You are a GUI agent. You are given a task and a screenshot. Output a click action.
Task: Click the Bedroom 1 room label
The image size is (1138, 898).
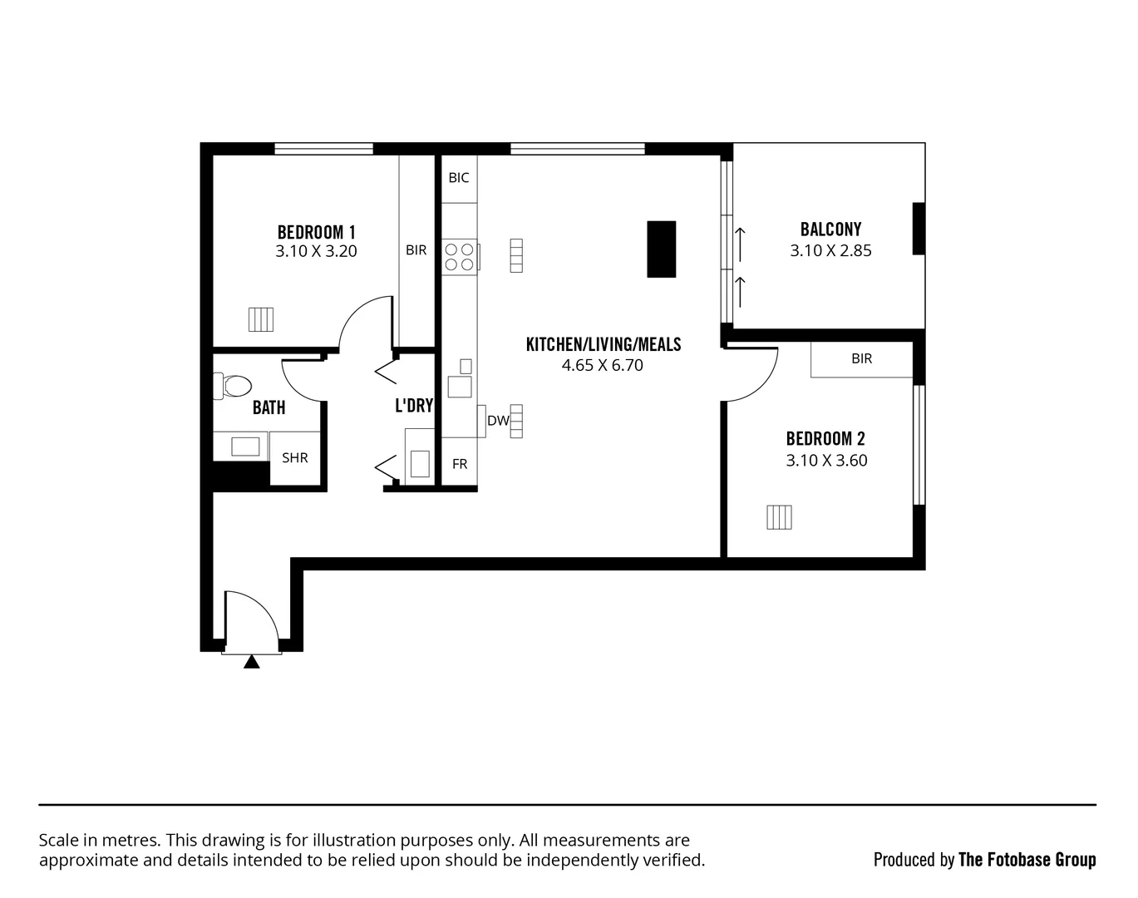pyautogui.click(x=316, y=232)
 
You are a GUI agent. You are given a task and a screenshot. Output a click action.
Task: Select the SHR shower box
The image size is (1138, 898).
pyautogui.click(x=295, y=457)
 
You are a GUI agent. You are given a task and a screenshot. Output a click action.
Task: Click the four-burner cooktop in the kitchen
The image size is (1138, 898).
pyautogui.click(x=459, y=257)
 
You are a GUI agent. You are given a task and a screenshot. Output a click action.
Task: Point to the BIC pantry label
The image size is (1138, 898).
pyautogui.click(x=459, y=178)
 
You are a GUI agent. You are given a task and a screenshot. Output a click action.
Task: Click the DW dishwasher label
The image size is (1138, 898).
pyautogui.click(x=498, y=421)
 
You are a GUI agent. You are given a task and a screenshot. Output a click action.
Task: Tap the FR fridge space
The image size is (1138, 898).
pyautogui.click(x=460, y=465)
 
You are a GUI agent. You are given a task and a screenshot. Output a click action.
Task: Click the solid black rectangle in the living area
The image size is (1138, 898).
pyautogui.click(x=662, y=249)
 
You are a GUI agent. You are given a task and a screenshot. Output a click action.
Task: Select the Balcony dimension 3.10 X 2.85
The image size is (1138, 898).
pyautogui.click(x=830, y=251)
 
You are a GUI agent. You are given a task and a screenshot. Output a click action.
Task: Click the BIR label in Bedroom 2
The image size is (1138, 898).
pyautogui.click(x=862, y=358)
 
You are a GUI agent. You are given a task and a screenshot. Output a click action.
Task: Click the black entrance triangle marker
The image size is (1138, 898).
pyautogui.click(x=252, y=662)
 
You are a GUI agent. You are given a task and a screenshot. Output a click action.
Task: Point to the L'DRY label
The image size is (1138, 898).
pyautogui.click(x=414, y=406)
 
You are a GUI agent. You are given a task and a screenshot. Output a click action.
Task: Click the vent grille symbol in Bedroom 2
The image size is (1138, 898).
pyautogui.click(x=779, y=517)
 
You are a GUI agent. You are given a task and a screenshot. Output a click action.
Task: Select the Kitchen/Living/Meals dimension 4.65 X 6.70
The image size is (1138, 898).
pyautogui.click(x=603, y=365)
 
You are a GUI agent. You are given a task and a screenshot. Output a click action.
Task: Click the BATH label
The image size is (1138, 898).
pyautogui.click(x=268, y=407)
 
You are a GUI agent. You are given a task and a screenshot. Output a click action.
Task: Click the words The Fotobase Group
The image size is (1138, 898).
pyautogui.click(x=1027, y=860)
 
